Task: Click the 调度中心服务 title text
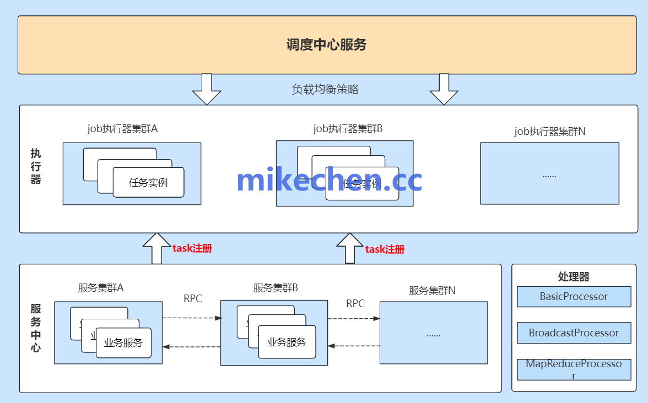click(326, 45)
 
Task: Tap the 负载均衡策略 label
click(325, 89)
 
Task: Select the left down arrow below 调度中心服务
click(207, 89)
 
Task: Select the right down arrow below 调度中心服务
click(444, 89)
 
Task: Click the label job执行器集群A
click(122, 129)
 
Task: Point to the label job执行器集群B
click(348, 129)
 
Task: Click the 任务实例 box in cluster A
click(148, 183)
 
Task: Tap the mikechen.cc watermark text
click(329, 180)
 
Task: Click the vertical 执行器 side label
click(36, 166)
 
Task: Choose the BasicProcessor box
click(574, 296)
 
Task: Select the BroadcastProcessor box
click(574, 333)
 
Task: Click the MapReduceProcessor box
click(574, 369)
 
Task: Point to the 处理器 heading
click(574, 277)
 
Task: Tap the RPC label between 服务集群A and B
click(193, 299)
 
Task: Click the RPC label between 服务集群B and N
click(355, 303)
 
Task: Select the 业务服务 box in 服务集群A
click(123, 343)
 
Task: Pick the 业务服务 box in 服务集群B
click(287, 342)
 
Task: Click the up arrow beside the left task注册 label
click(157, 248)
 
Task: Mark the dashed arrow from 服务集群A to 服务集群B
click(191, 318)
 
